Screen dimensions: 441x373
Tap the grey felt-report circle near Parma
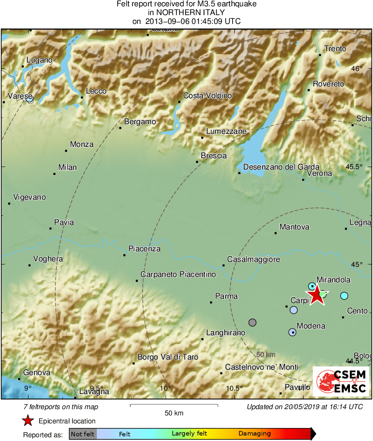[252, 322]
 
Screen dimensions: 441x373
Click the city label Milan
[67, 167]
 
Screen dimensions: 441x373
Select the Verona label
[319, 173]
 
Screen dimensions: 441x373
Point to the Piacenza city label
[144, 249]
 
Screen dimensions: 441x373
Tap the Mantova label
[294, 227]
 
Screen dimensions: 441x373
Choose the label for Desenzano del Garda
[281, 167]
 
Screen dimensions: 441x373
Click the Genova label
[36, 373]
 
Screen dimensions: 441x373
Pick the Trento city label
[335, 49]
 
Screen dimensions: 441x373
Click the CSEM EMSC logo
[341, 381]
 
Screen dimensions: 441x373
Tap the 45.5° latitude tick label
[354, 167]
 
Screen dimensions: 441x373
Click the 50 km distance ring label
[266, 354]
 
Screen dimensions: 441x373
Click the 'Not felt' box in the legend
[83, 434]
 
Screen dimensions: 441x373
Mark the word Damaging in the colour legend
[254, 434]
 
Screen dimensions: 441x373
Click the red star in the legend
[28, 420]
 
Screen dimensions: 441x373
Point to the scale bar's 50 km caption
[174, 413]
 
